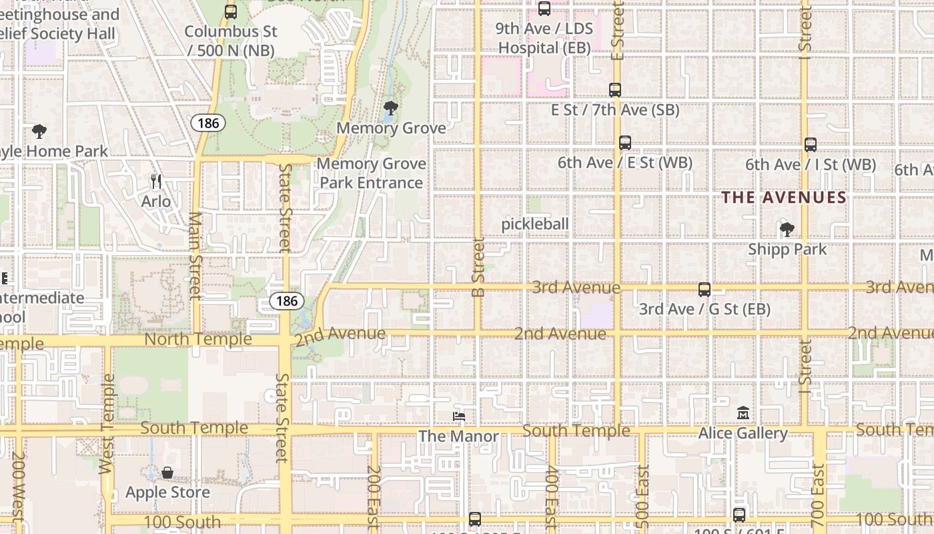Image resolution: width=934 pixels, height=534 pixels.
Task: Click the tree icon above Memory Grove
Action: pyautogui.click(x=391, y=107)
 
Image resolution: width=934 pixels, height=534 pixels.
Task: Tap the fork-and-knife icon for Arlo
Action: pyautogui.click(x=156, y=182)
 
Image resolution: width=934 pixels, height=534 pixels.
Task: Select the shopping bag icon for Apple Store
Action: pyautogui.click(x=167, y=473)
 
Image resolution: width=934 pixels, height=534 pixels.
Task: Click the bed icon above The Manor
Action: pyautogui.click(x=459, y=417)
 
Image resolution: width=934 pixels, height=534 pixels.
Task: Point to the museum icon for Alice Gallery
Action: pyautogui.click(x=743, y=413)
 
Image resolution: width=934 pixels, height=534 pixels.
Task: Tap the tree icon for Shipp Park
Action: pyautogui.click(x=787, y=230)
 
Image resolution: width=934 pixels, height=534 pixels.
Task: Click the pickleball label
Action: pyautogui.click(x=535, y=224)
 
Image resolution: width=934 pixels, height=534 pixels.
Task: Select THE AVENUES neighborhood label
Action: pyautogui.click(x=784, y=198)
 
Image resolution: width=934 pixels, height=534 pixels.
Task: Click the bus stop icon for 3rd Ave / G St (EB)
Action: pyautogui.click(x=705, y=289)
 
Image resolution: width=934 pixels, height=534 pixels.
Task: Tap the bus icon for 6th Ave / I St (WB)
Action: pyautogui.click(x=811, y=144)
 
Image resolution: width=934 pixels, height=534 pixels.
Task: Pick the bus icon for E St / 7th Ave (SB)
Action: pyautogui.click(x=615, y=89)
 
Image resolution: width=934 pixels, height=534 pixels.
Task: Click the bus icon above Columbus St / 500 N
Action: pyautogui.click(x=231, y=11)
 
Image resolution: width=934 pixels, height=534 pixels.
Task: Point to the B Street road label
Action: pyautogui.click(x=478, y=267)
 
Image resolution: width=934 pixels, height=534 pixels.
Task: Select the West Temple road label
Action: pyautogui.click(x=107, y=424)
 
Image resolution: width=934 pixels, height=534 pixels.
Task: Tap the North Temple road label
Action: pyautogui.click(x=198, y=339)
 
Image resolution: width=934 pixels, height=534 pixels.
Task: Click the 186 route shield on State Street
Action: pyautogui.click(x=287, y=301)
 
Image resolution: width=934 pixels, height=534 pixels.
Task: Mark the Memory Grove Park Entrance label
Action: pyautogui.click(x=371, y=173)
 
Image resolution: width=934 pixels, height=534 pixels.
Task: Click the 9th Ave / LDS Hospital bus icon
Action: pyautogui.click(x=544, y=9)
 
